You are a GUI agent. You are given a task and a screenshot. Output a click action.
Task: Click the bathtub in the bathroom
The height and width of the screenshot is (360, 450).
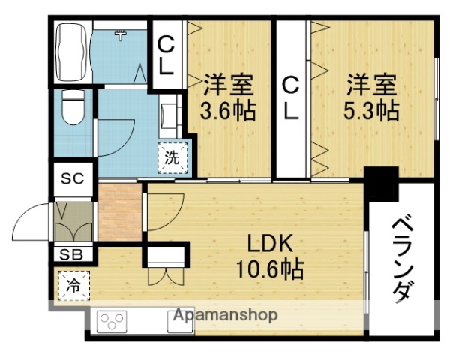tap(70, 52)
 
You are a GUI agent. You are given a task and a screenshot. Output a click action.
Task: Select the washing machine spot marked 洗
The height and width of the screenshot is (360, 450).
tap(172, 157)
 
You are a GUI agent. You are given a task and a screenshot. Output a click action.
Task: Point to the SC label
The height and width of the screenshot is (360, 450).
tap(71, 179)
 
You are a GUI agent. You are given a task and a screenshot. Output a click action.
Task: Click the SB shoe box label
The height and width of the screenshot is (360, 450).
tap(71, 253)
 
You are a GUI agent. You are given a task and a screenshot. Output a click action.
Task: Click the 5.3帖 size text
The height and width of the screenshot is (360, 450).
tap(371, 112)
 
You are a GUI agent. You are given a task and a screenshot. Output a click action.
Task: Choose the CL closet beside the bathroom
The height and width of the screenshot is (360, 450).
tap(166, 55)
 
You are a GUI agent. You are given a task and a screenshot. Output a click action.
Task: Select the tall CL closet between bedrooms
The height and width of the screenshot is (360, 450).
tap(291, 98)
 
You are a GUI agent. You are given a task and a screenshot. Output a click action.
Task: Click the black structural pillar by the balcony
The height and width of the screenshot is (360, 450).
tap(381, 183)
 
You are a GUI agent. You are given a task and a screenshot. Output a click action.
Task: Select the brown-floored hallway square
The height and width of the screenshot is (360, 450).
tap(120, 212)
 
